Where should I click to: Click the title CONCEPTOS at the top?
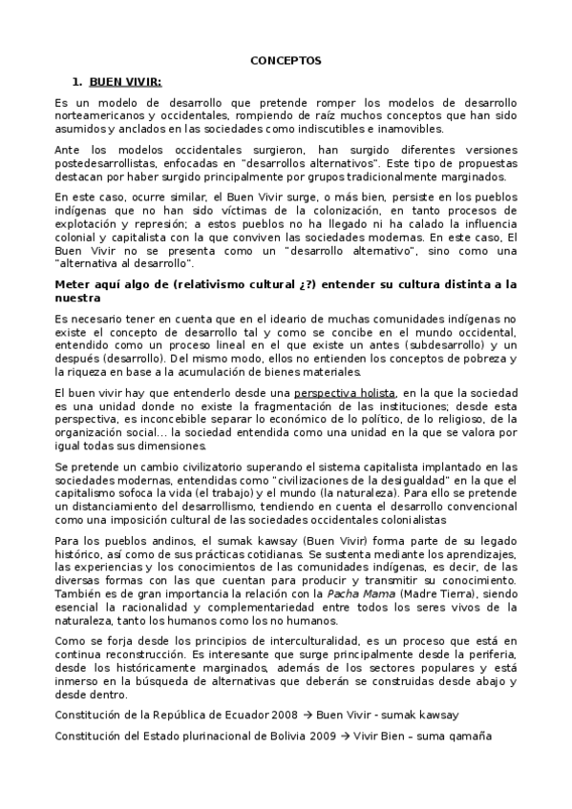pos(286,59)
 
